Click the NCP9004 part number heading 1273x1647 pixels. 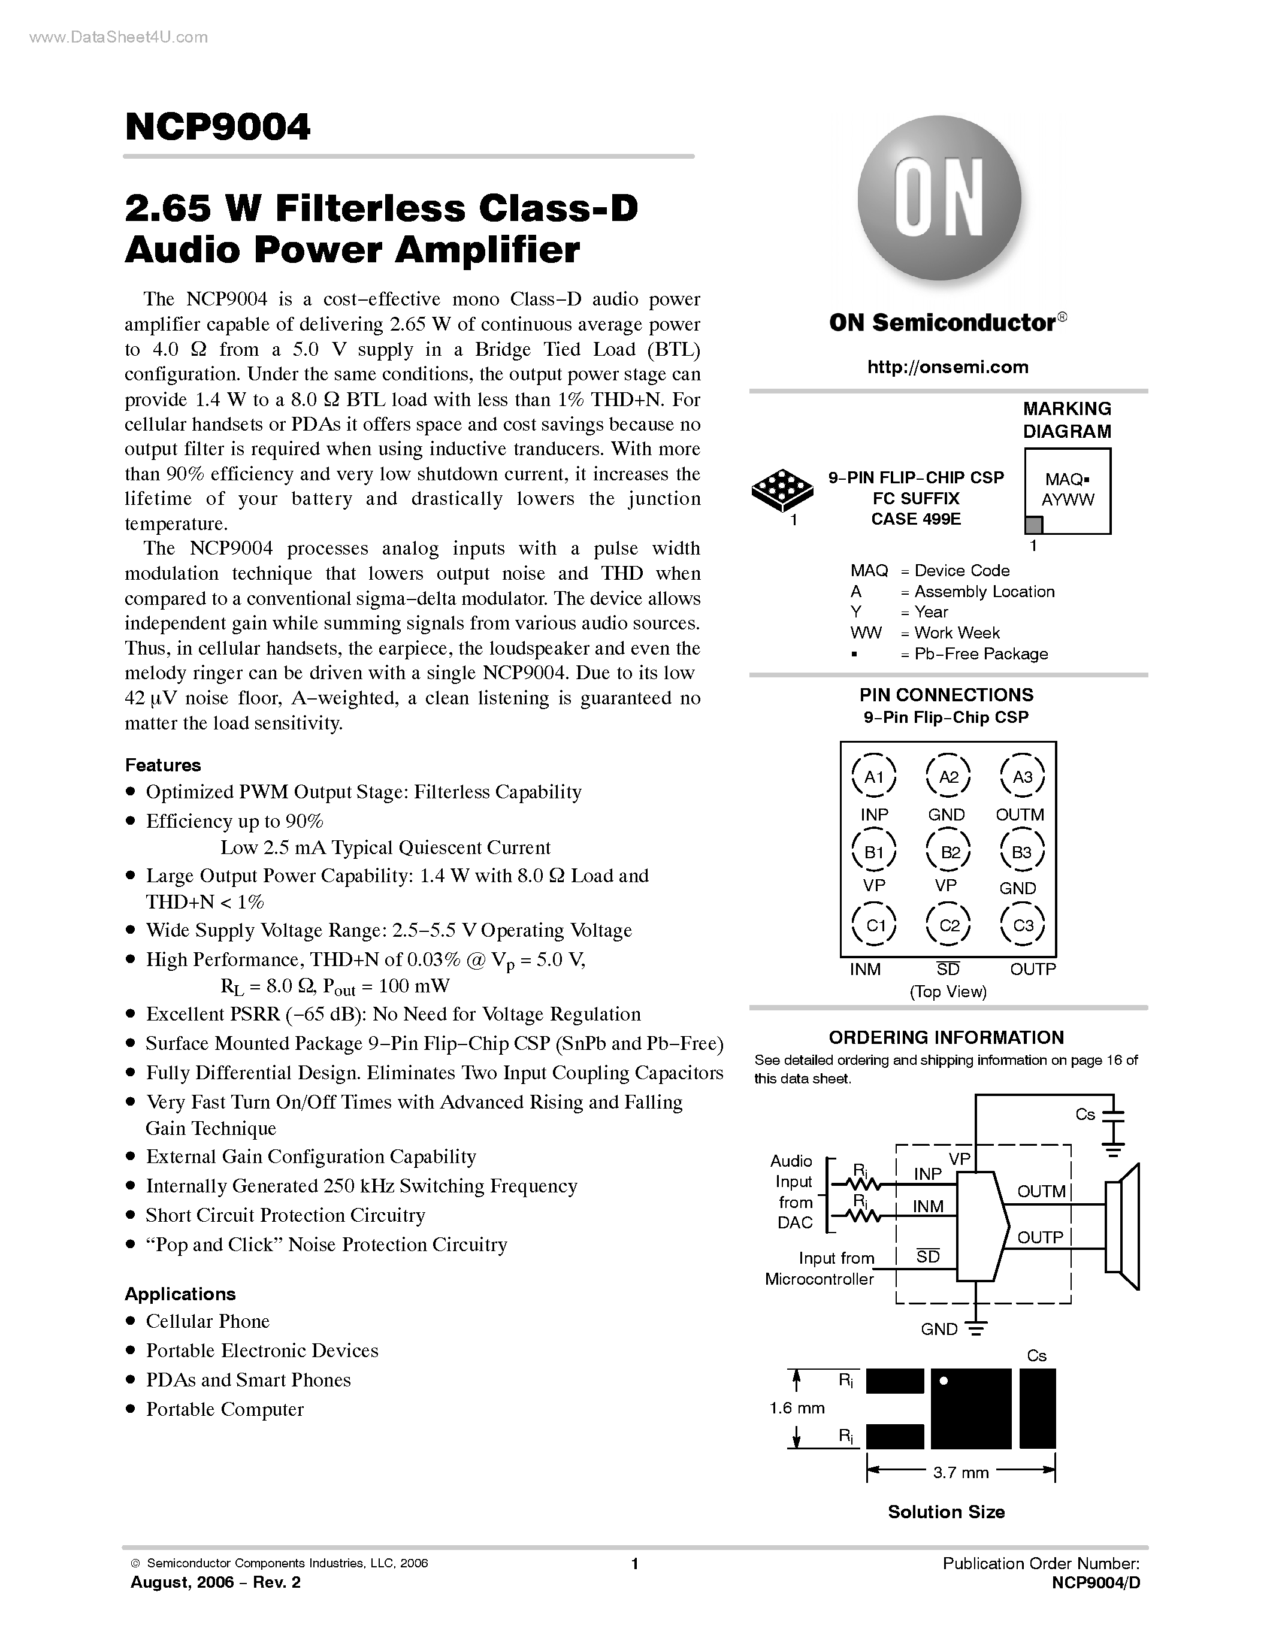[x=217, y=127]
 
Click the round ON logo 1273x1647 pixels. [x=939, y=199]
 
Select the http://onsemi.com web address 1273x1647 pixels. [x=947, y=367]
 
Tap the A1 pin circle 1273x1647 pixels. [x=873, y=776]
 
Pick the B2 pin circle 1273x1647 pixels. [x=949, y=852]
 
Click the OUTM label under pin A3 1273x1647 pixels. [x=1020, y=815]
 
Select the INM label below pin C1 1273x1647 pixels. [x=865, y=969]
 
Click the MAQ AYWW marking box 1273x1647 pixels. [x=1067, y=491]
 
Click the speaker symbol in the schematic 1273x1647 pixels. [x=1123, y=1227]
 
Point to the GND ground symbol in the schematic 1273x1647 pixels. [x=976, y=1330]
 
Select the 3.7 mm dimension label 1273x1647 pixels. [x=960, y=1472]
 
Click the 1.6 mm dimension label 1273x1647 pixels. [x=796, y=1408]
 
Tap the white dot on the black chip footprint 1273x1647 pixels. [x=943, y=1382]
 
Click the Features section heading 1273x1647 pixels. [x=163, y=765]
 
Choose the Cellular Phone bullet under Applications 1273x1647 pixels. [x=207, y=1321]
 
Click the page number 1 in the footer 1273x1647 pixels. [x=635, y=1563]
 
